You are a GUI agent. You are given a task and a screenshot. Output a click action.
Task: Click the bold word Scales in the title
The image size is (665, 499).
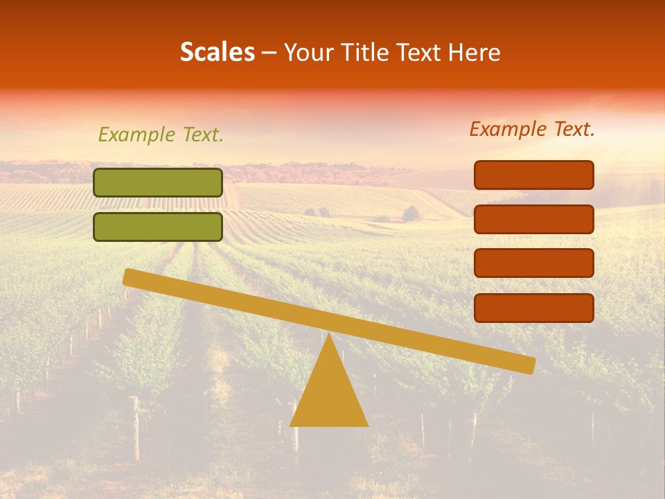217,52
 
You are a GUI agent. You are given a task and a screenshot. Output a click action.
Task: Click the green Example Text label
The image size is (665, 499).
161,134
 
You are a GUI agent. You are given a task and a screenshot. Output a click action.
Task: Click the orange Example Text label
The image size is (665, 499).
532,129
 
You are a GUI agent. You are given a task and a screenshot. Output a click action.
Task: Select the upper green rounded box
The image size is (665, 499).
158,182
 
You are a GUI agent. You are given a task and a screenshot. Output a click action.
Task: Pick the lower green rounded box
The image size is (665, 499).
158,227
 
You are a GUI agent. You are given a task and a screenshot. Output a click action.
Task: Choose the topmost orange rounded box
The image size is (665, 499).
534,175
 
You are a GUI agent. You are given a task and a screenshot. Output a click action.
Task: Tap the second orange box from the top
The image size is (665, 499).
534,219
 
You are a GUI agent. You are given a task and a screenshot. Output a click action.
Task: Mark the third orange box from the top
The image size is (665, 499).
534,263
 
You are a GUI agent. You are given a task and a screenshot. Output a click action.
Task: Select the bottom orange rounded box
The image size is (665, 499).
534,308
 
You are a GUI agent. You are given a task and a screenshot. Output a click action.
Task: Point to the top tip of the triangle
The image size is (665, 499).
329,336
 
